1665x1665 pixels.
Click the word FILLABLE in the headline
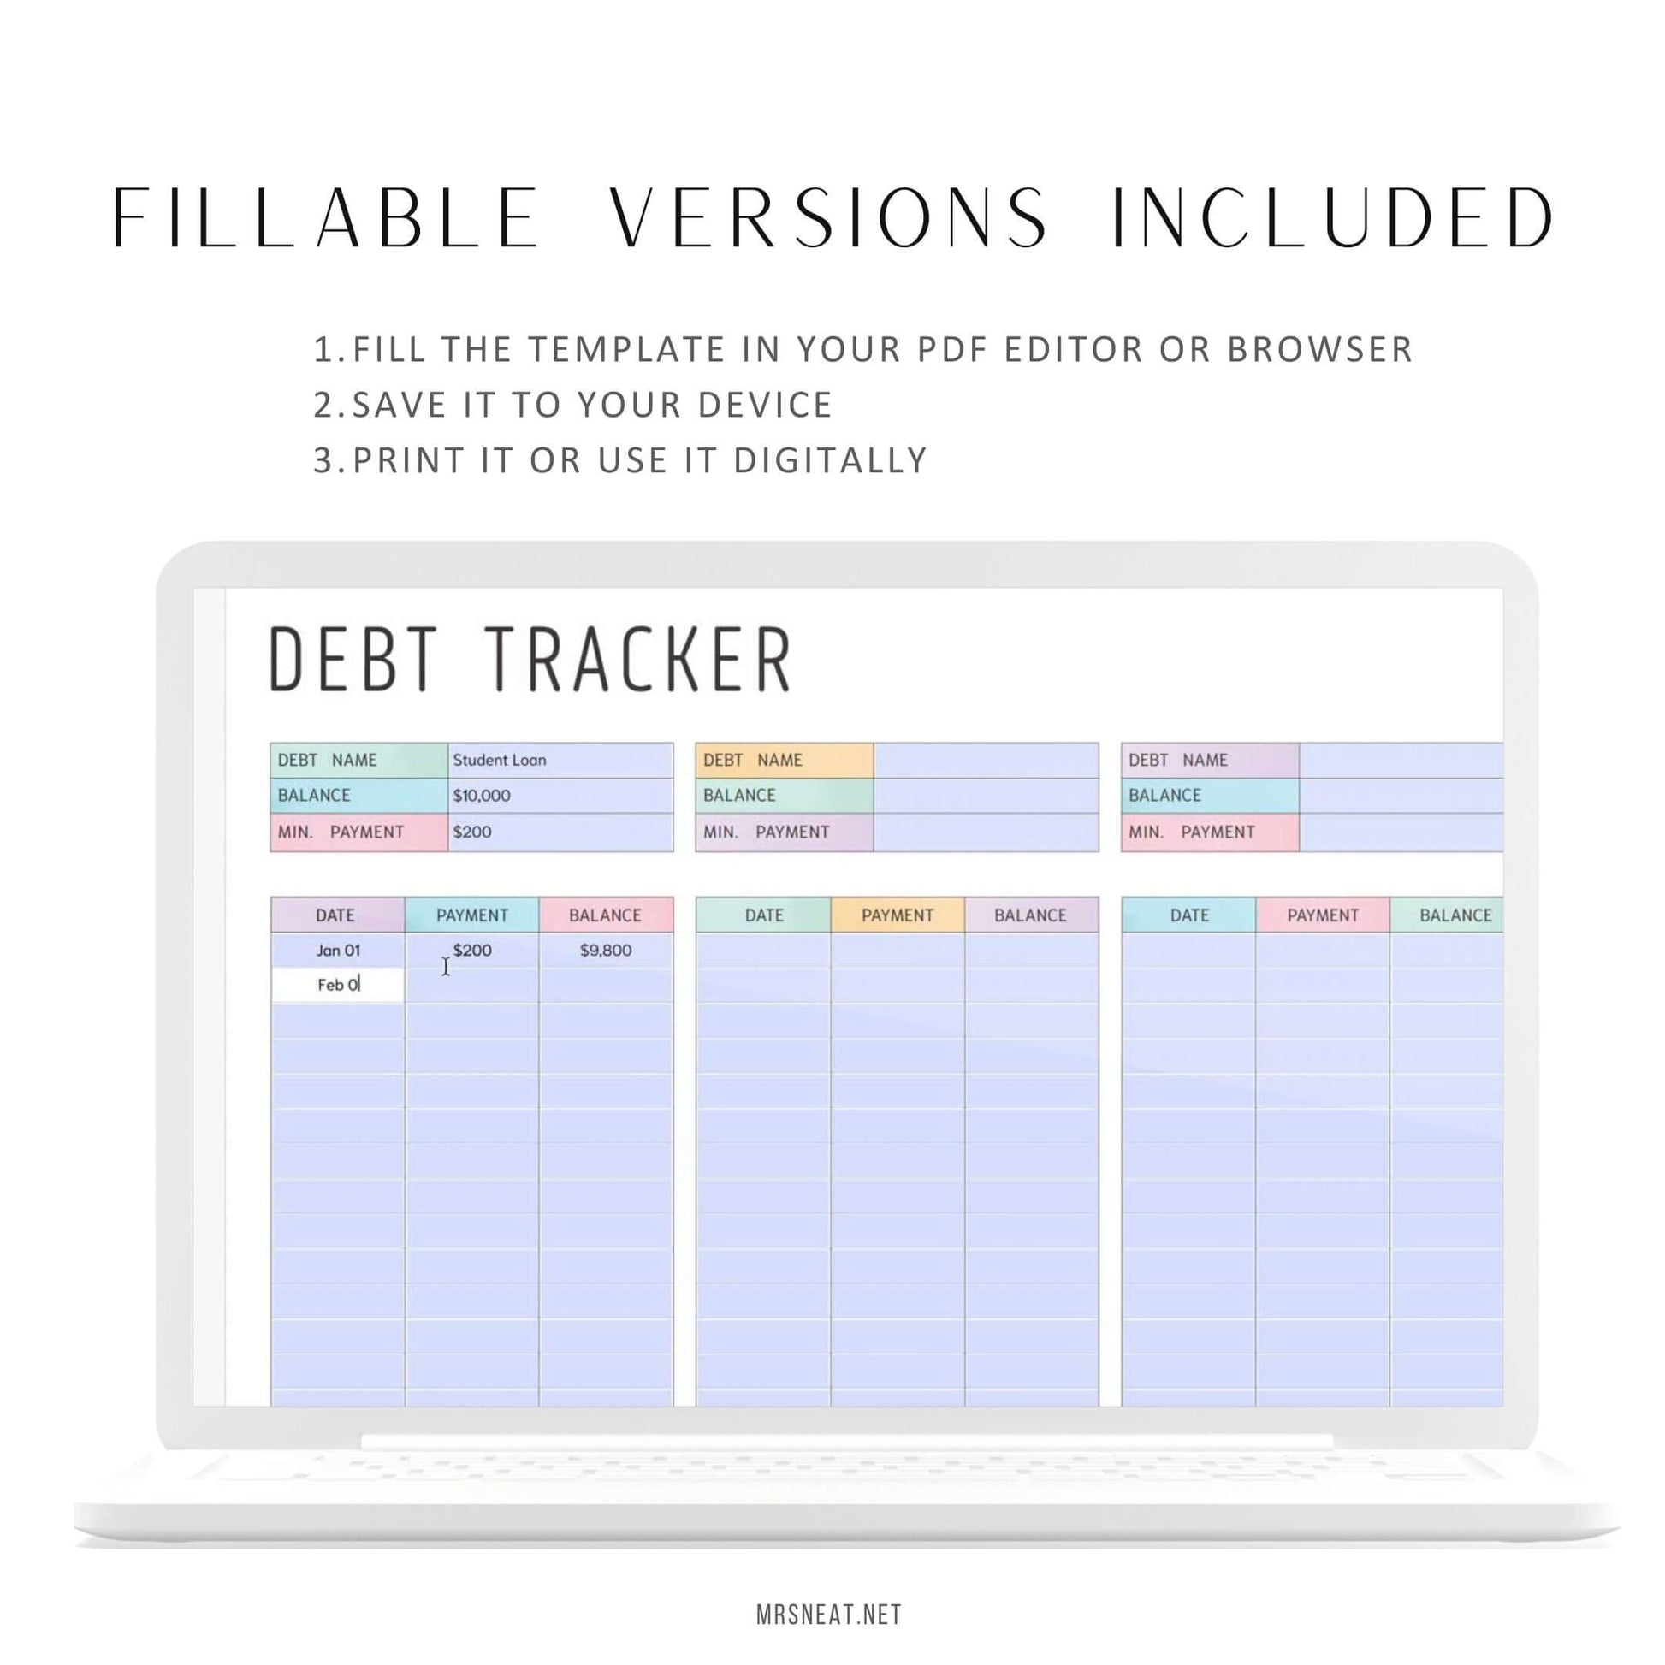pyautogui.click(x=326, y=219)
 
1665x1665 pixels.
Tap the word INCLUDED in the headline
pyautogui.click(x=1332, y=219)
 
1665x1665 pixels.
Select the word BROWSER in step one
pyautogui.click(x=1319, y=349)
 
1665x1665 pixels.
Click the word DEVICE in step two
pyautogui.click(x=764, y=405)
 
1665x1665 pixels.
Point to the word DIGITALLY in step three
pyautogui.click(x=830, y=460)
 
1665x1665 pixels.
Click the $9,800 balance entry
pyautogui.click(x=605, y=950)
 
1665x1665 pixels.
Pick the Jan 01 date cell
pyautogui.click(x=338, y=950)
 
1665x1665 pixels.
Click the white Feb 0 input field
pyautogui.click(x=338, y=985)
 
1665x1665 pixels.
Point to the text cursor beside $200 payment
pyautogui.click(x=446, y=966)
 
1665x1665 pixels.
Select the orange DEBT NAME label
pyautogui.click(x=785, y=761)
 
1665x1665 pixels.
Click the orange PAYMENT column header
pyautogui.click(x=898, y=915)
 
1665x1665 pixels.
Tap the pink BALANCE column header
pyautogui.click(x=605, y=915)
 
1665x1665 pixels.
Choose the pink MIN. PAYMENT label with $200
pyautogui.click(x=359, y=832)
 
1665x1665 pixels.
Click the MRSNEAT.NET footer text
pyautogui.click(x=829, y=1615)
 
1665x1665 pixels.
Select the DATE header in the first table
pyautogui.click(x=335, y=915)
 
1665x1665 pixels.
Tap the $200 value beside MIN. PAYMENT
pyautogui.click(x=472, y=832)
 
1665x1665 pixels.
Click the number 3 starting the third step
pyautogui.click(x=323, y=460)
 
